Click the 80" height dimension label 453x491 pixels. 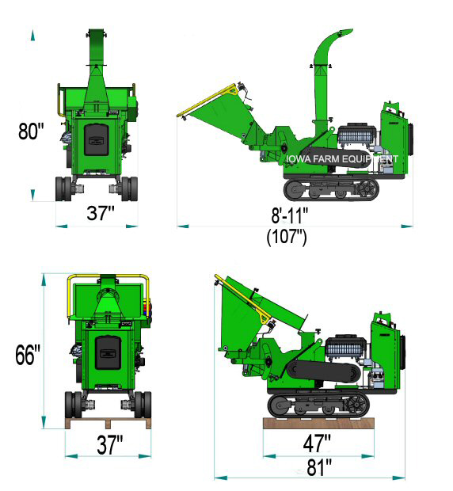point(29,131)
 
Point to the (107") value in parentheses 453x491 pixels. point(287,235)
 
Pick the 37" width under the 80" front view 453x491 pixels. point(100,213)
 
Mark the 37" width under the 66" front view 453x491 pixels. point(108,444)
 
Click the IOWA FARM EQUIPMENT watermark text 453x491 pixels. point(342,158)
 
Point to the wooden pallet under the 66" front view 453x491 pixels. point(108,423)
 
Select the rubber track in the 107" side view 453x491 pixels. point(332,188)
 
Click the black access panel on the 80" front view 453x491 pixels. point(98,143)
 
